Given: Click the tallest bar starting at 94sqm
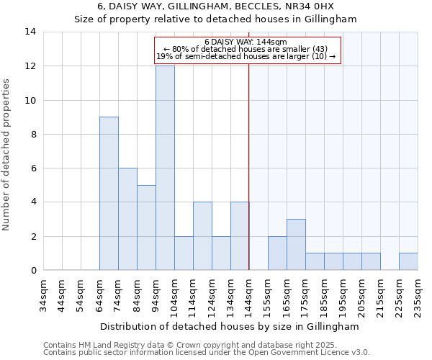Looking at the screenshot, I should (x=165, y=168).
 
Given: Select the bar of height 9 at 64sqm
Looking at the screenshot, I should (x=109, y=194).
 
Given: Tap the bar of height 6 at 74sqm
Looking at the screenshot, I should (x=127, y=219).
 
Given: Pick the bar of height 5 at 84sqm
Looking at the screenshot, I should (x=146, y=228).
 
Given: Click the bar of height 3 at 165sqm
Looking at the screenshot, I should (x=296, y=245).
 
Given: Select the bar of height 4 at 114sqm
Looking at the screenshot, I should (x=202, y=236).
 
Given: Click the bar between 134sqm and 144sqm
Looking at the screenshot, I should (x=240, y=236).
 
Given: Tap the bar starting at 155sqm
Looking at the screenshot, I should (x=277, y=253).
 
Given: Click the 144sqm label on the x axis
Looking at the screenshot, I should (x=249, y=294).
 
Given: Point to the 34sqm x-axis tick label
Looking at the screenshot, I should (x=43, y=294).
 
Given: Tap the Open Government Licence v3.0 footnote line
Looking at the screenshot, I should (x=207, y=353).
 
